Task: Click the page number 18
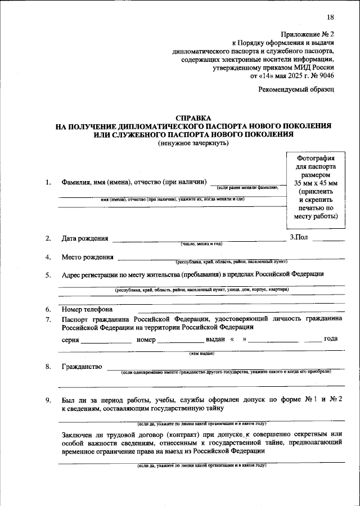[x=330, y=17]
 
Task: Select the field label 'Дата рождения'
[x=85, y=238]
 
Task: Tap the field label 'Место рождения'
[x=87, y=257]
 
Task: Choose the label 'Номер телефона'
[x=87, y=309]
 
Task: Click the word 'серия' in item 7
[x=70, y=340]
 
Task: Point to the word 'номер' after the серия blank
[x=145, y=340]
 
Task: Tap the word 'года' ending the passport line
[x=331, y=338]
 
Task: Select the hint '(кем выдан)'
[x=201, y=353]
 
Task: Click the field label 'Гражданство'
[x=82, y=367]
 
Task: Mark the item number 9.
[x=48, y=400]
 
